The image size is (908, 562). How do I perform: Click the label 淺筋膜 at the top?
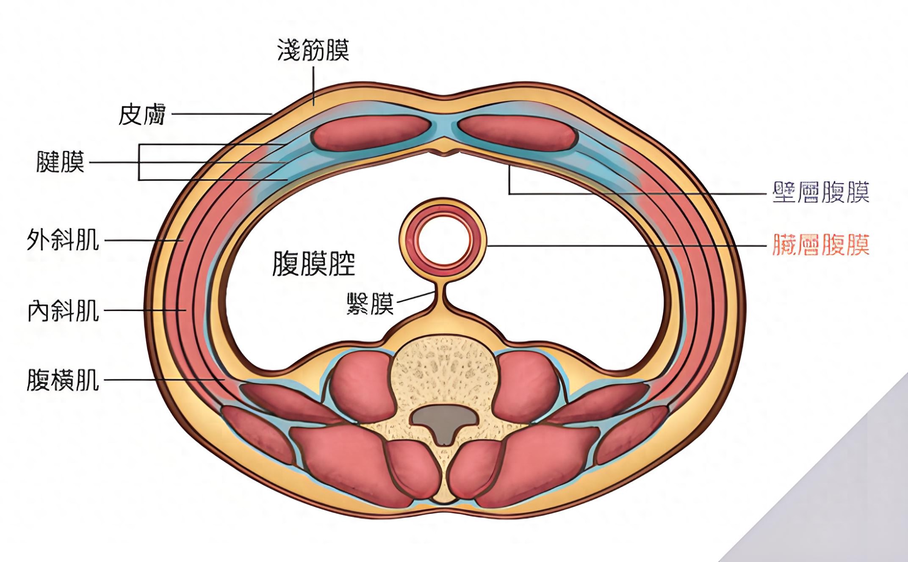313,50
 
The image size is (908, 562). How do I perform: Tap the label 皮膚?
141,115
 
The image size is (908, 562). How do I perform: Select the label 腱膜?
61,162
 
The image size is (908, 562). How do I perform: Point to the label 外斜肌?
63,240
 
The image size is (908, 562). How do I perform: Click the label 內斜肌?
63,310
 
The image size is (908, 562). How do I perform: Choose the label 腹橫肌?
63,380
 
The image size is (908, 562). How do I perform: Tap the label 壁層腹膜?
821,193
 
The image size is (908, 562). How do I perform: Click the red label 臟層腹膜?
821,245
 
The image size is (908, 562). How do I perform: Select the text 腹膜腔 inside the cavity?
313,263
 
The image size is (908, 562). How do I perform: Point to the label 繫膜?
370,303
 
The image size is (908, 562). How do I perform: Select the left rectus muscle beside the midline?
371,133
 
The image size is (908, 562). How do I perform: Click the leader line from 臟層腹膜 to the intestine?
627,245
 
